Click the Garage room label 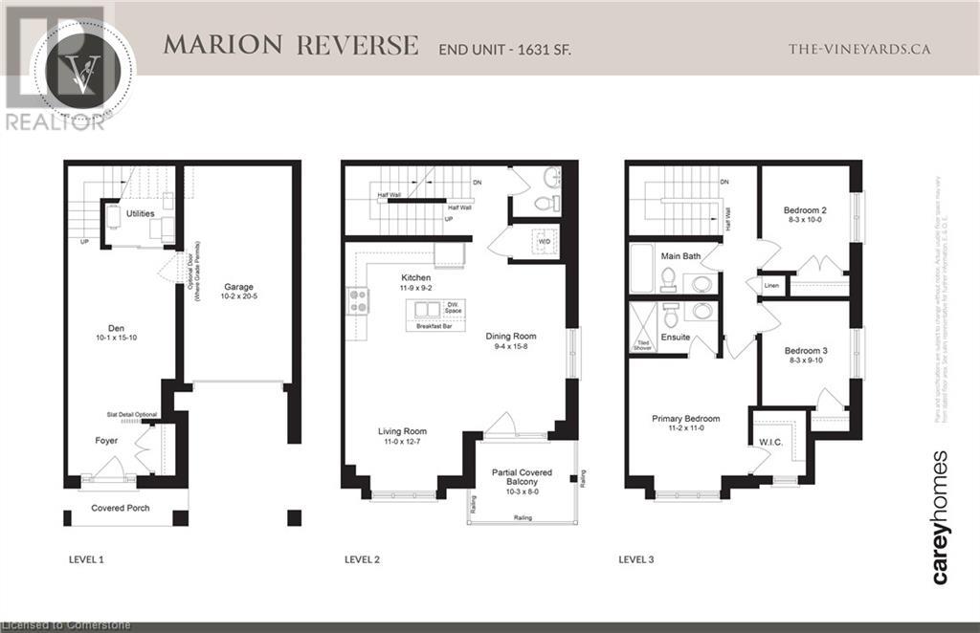[x=237, y=286]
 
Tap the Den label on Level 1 [x=118, y=324]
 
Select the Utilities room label [x=140, y=213]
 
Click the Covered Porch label [x=121, y=508]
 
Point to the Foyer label [x=105, y=441]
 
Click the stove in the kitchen [x=357, y=301]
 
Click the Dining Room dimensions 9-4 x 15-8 [x=509, y=347]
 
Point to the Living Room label [x=402, y=431]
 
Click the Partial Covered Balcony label [x=523, y=478]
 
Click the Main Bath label [x=681, y=255]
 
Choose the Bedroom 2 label [x=805, y=209]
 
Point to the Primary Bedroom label [x=685, y=419]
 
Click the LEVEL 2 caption [x=364, y=557]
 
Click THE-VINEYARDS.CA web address [x=858, y=49]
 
